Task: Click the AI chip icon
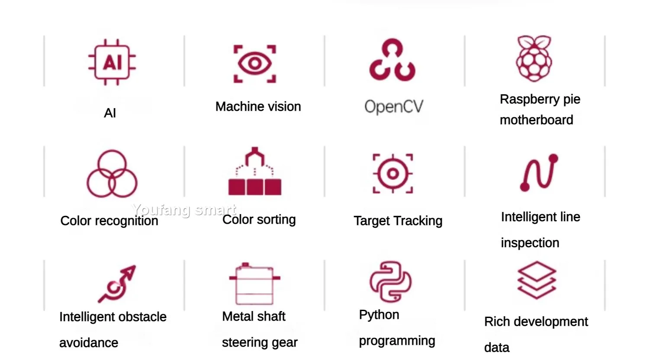pos(112,62)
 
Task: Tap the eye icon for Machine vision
pos(255,64)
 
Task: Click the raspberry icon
pos(534,58)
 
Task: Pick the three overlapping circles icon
pos(112,174)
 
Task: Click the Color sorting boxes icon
pos(255,172)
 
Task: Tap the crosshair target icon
pos(392,174)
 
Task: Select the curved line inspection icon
pos(539,172)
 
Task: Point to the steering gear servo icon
pos(254,284)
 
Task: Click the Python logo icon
pos(390,282)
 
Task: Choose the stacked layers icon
pos(537,280)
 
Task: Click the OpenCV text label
pos(394,106)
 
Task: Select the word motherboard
pos(536,120)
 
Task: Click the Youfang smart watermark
pos(184,210)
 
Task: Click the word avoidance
pos(89,343)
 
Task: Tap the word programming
pos(397,341)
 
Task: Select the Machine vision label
pos(258,106)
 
